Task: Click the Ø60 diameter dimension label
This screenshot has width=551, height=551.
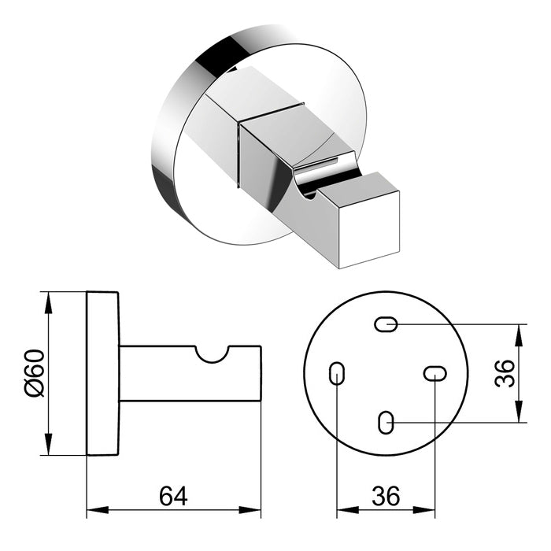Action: click(33, 373)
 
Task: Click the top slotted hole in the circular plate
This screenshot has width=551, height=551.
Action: click(386, 324)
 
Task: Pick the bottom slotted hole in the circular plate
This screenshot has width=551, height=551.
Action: click(385, 423)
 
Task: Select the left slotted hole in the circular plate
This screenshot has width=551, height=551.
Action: click(337, 373)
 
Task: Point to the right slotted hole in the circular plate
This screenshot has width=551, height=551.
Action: click(435, 373)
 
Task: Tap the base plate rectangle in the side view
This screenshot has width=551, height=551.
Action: click(103, 373)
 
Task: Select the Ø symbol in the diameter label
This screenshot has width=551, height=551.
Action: click(33, 388)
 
